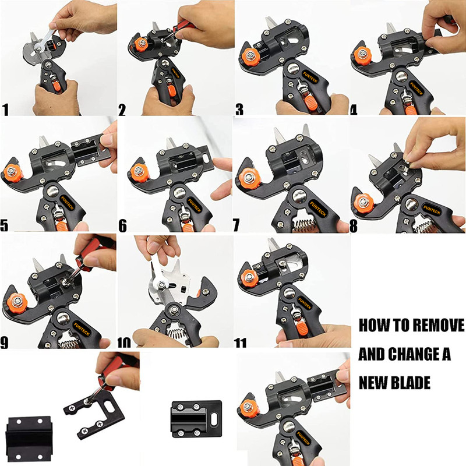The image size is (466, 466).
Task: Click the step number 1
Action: click(x=5, y=110)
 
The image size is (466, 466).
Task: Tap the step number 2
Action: click(x=122, y=110)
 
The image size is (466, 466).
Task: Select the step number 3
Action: click(x=239, y=109)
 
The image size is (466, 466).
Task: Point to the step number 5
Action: click(x=4, y=225)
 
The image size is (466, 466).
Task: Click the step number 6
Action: click(x=122, y=226)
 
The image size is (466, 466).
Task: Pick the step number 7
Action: click(x=236, y=225)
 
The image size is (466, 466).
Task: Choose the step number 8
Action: click(x=354, y=226)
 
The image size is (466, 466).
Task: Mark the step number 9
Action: click(x=4, y=342)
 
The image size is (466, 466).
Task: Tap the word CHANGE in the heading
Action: click(x=414, y=354)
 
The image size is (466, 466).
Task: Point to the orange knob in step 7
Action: click(x=250, y=178)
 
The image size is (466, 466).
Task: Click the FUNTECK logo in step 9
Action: click(x=82, y=329)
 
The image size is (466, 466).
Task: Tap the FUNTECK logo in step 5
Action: click(x=69, y=203)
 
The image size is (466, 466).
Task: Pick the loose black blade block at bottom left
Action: click(x=29, y=439)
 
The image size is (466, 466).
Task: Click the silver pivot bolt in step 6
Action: click(x=180, y=193)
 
